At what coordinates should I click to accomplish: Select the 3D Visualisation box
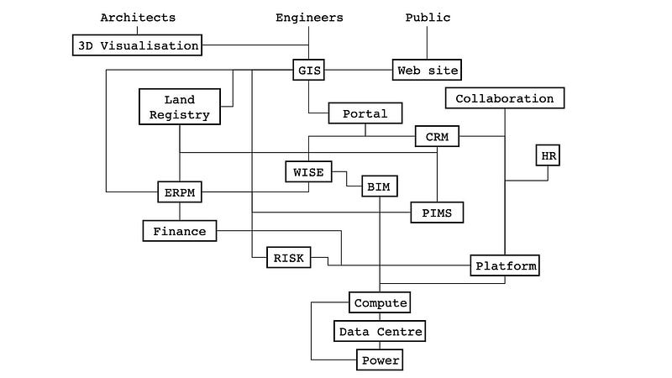[x=138, y=45]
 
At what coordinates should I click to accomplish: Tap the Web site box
[x=428, y=70]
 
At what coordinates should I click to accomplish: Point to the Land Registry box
[x=179, y=108]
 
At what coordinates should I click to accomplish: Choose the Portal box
[x=365, y=113]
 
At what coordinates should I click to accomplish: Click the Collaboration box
[x=505, y=98]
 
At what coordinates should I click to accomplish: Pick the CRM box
[x=438, y=137]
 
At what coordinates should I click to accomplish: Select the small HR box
[x=548, y=155]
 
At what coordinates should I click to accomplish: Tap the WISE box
[x=308, y=171]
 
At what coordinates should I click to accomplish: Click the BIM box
[x=380, y=186]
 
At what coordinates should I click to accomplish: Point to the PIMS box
[x=437, y=213]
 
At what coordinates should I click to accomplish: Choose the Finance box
[x=180, y=230]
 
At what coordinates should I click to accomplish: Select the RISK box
[x=287, y=258]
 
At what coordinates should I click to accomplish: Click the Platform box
[x=505, y=265]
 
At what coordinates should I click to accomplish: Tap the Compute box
[x=380, y=302]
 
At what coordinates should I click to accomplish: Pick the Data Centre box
[x=380, y=332]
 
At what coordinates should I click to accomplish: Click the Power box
[x=380, y=361]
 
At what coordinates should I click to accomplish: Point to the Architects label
[x=138, y=18]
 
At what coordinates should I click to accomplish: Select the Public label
[x=428, y=18]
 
